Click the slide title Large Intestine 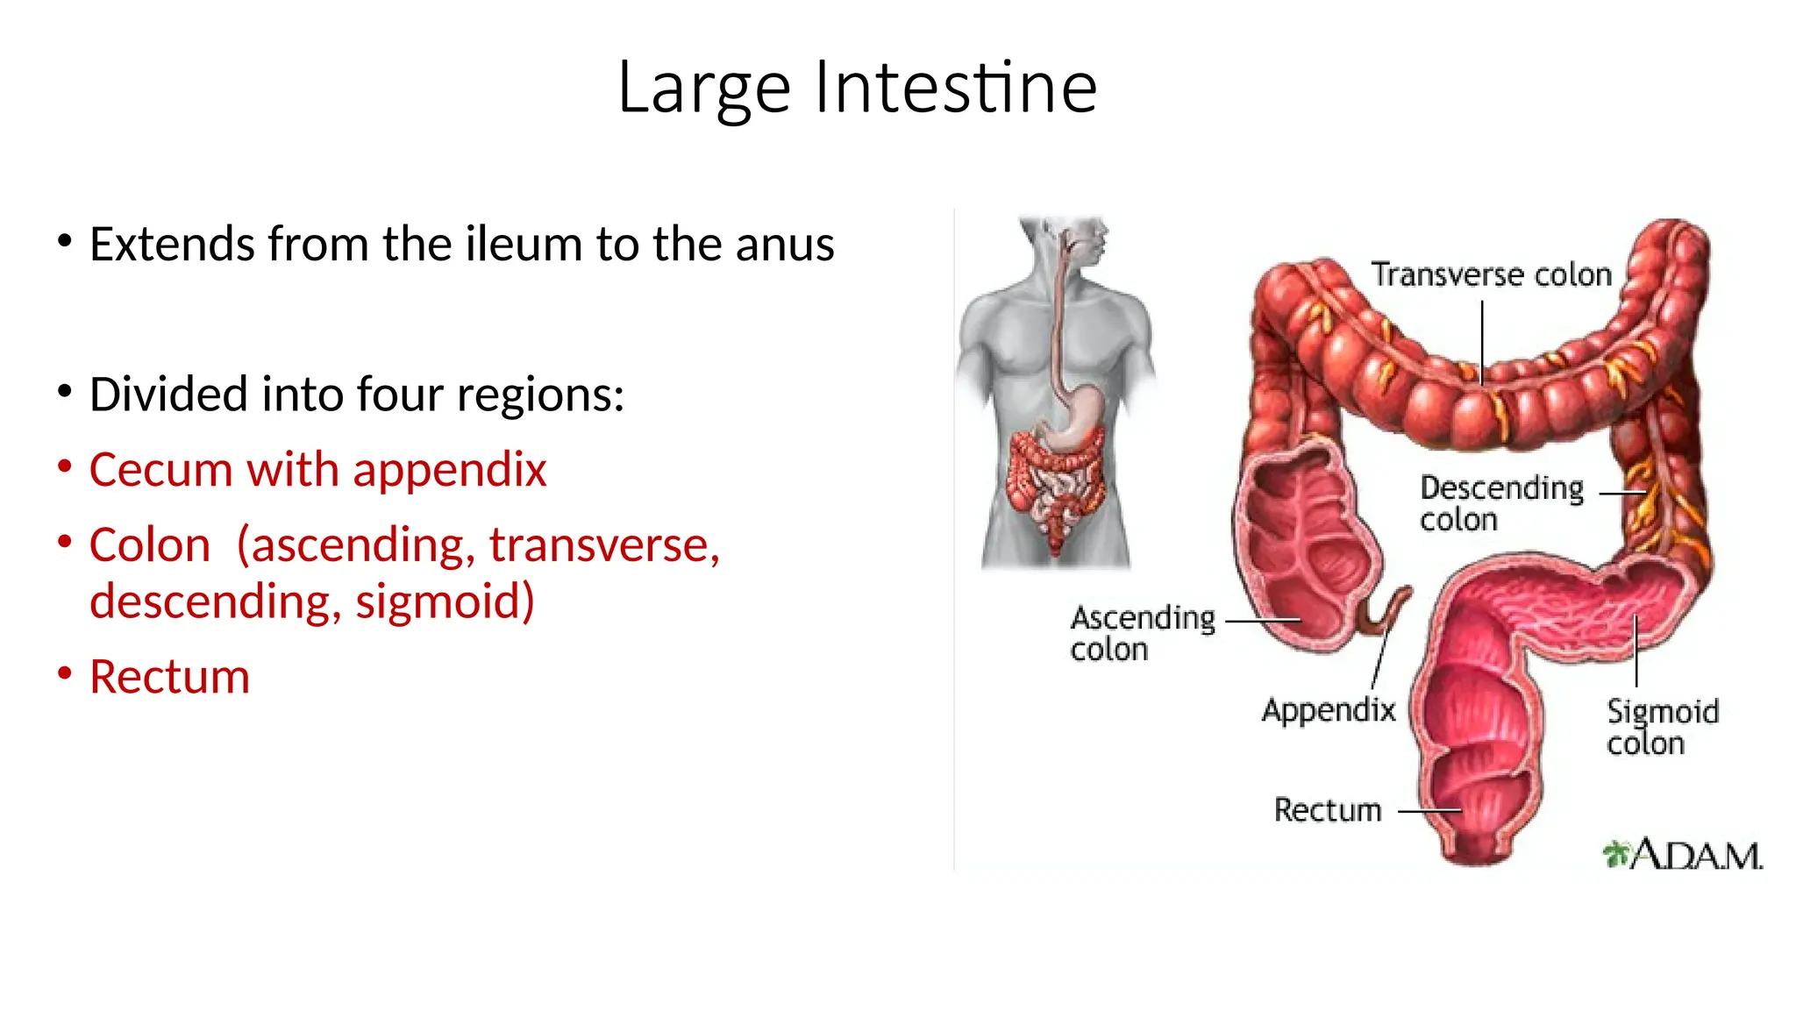point(857,88)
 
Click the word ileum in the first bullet point(524,244)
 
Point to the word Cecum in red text point(160,470)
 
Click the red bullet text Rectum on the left point(169,677)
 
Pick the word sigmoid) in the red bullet point(445,602)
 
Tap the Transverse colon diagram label point(1491,275)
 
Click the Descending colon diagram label point(1500,503)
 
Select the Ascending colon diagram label point(1142,633)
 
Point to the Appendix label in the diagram point(1328,709)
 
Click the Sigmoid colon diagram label point(1661,727)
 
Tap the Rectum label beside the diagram point(1327,810)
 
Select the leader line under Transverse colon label point(1482,342)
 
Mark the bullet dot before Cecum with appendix point(65,466)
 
